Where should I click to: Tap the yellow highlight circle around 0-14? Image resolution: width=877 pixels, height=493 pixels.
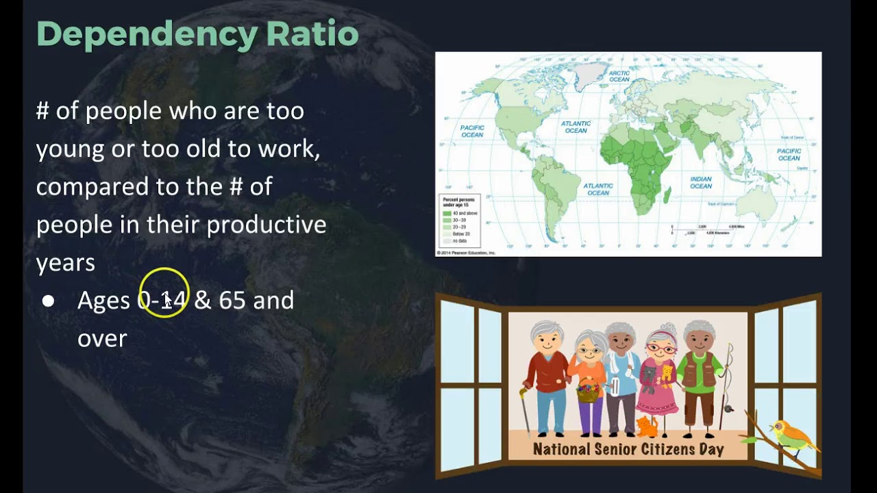[x=164, y=292]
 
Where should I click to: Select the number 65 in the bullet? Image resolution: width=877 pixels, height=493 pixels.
[x=232, y=300]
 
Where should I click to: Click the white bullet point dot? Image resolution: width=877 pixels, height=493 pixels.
[x=48, y=301]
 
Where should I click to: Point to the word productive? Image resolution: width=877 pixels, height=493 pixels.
[x=267, y=225]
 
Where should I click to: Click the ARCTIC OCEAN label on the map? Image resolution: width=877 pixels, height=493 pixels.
[x=619, y=76]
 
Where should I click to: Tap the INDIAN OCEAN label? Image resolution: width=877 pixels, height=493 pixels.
[x=700, y=182]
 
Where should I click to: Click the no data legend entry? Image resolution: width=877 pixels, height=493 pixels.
[x=458, y=241]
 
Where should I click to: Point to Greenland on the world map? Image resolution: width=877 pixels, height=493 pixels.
[x=591, y=73]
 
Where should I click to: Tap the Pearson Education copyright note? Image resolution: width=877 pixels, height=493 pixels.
[x=466, y=253]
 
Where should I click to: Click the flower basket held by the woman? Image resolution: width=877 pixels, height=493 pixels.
[x=587, y=392]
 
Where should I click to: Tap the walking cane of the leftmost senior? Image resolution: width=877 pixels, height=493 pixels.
[x=525, y=411]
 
